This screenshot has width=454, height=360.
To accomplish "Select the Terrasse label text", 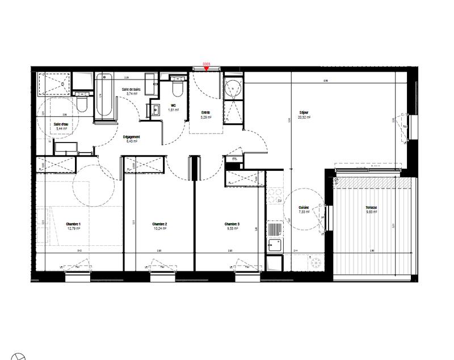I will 372,208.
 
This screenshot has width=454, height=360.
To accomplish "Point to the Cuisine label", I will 304,208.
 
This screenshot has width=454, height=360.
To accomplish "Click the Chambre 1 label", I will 73,225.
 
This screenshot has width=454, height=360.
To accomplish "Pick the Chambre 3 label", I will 232,225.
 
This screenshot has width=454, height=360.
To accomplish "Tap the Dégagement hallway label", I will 132,137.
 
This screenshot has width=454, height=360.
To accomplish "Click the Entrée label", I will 205,112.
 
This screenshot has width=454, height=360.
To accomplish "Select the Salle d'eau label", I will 61,124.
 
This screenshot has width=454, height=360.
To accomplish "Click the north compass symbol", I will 19,359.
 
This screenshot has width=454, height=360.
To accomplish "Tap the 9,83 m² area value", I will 372,212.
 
